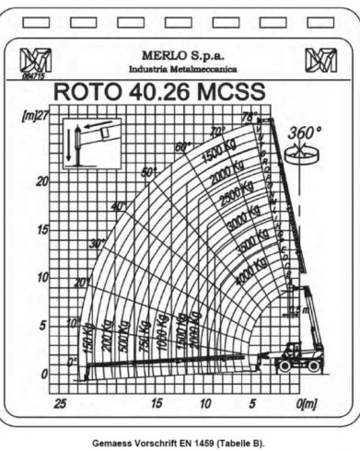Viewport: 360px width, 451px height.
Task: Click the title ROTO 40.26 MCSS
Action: coord(159,92)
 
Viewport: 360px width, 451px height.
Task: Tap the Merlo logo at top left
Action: coord(36,62)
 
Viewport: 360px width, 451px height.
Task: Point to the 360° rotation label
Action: coord(305,133)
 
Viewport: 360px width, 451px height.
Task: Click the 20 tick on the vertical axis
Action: coord(41,181)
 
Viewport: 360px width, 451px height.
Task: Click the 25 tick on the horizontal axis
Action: coord(60,402)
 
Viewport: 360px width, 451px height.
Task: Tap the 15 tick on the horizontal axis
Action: coord(157,402)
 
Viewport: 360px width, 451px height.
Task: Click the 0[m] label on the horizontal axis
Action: coord(307,402)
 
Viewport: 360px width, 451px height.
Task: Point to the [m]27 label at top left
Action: coord(34,117)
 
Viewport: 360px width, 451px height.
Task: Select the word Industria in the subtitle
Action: coord(151,69)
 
